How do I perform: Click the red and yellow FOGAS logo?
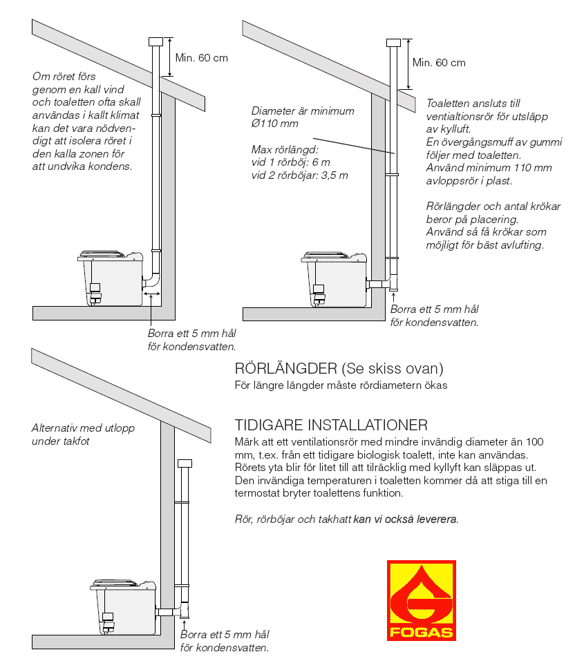point(421,600)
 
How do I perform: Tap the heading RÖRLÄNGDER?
point(286,368)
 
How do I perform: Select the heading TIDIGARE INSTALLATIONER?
point(331,425)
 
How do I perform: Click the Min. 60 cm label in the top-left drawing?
point(201,58)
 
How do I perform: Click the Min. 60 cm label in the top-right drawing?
point(439,62)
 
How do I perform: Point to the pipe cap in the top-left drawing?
point(155,41)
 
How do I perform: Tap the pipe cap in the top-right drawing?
point(393,43)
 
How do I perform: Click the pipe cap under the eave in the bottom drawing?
point(185,463)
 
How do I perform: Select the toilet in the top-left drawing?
point(111,278)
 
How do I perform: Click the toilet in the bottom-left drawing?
point(123,607)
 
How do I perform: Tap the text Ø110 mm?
point(274,124)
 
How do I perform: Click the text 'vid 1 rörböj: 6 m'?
point(291,162)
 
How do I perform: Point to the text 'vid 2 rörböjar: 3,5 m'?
point(299,175)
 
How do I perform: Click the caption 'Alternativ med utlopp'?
point(83,428)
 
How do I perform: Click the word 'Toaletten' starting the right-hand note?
point(447,104)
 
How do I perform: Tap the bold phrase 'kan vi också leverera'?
point(405,519)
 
